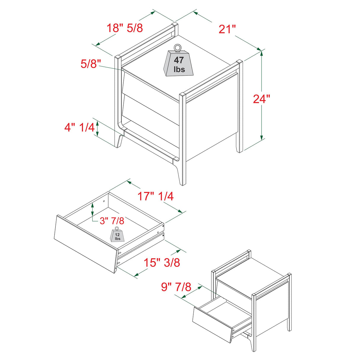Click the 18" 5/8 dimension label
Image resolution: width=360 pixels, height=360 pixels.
point(125,28)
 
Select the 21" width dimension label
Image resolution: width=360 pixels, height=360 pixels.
point(227,29)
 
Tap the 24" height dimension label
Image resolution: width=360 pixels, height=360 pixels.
point(262,99)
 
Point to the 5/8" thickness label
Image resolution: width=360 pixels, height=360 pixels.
point(91,64)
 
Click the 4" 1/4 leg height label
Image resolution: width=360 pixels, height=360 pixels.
point(79,128)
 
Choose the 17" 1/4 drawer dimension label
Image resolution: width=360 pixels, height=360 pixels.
point(155,196)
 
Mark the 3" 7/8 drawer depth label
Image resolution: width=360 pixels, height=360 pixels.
point(111,221)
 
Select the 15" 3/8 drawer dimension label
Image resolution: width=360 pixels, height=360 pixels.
point(162,262)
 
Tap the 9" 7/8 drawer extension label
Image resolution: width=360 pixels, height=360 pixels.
point(176,287)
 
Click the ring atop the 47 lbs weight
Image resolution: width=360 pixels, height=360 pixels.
point(177,47)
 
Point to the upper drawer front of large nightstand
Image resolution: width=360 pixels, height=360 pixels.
point(151,86)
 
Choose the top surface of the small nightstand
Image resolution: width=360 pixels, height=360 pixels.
point(252,274)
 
